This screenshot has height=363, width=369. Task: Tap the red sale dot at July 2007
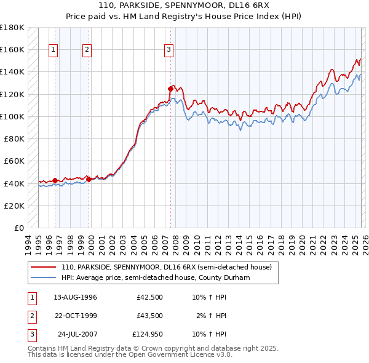coord(170,89)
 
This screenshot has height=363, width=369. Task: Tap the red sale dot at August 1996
coord(55,180)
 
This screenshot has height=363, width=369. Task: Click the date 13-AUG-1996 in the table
coord(75,297)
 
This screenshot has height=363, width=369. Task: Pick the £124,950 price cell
coord(147,335)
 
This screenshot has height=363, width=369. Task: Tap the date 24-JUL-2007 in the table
coord(77,335)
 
